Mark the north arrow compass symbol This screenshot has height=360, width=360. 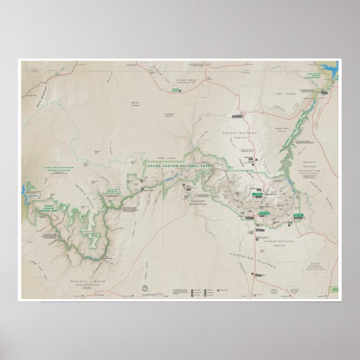pyautogui.click(x=145, y=287)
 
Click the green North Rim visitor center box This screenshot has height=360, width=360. pyautogui.click(x=258, y=191)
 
